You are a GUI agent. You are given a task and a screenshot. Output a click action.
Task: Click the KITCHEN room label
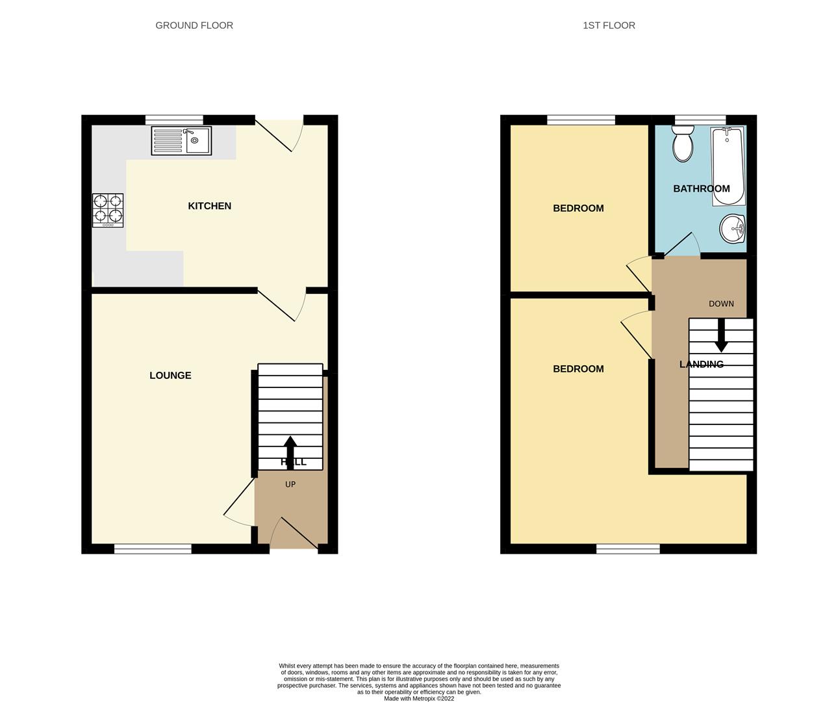(x=209, y=206)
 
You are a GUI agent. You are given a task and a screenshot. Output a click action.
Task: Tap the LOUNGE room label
(x=170, y=375)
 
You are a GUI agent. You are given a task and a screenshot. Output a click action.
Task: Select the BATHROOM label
(x=701, y=188)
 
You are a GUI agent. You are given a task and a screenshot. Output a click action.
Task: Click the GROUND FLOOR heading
(x=194, y=25)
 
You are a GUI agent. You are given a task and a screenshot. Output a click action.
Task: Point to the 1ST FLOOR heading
(x=609, y=25)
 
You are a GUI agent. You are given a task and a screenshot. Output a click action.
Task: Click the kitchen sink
(x=181, y=140)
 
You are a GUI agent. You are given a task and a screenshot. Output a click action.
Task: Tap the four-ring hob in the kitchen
(x=108, y=210)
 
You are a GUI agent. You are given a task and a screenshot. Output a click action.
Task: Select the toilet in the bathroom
(x=683, y=144)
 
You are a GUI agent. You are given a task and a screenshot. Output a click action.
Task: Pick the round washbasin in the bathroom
(x=733, y=229)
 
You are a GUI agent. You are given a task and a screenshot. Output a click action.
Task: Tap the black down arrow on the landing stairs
(x=721, y=335)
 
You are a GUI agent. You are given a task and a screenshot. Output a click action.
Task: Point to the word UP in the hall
(x=290, y=484)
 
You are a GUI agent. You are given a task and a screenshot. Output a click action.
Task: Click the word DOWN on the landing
(x=721, y=304)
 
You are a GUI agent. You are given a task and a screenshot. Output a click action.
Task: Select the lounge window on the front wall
(x=153, y=549)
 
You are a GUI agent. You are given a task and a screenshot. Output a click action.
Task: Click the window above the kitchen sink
(x=174, y=120)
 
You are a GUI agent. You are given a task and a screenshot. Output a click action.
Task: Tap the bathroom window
(x=700, y=120)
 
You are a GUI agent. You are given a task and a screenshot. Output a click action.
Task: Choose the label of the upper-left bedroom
(x=578, y=208)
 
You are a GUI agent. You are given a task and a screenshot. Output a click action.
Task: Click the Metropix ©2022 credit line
(x=419, y=699)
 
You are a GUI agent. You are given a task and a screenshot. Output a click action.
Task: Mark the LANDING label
(x=701, y=364)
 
